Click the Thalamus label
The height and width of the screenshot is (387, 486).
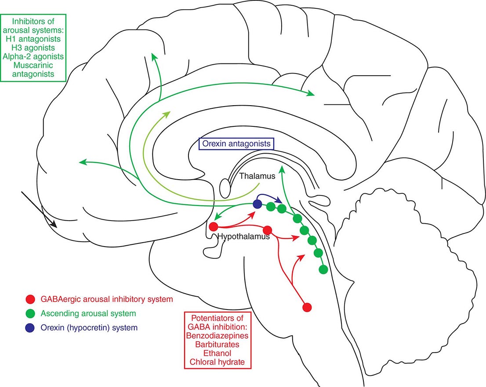[257, 176]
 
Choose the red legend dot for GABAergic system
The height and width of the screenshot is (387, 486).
[30, 299]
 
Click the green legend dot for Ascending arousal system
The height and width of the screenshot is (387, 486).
[30, 314]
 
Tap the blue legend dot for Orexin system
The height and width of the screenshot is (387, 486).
[30, 328]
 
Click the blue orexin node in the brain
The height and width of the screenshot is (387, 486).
[258, 204]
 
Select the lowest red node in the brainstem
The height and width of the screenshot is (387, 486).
[307, 307]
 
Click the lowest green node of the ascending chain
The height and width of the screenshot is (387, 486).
[323, 269]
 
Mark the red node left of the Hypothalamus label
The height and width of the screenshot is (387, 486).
[214, 227]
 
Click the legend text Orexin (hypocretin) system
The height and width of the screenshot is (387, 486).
[88, 328]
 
